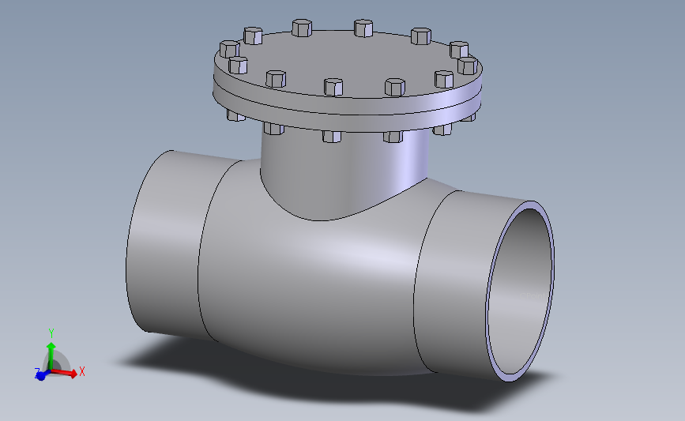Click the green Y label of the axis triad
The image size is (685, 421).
[x=51, y=333]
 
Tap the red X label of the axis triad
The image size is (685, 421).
[x=82, y=371]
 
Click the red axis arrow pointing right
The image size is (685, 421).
[x=68, y=373]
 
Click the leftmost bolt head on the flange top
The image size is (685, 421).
[x=228, y=49]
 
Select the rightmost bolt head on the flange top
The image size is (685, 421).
[x=468, y=65]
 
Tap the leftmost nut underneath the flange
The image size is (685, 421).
[x=235, y=115]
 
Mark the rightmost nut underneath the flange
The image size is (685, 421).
[x=469, y=117]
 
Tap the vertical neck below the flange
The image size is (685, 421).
[x=340, y=174]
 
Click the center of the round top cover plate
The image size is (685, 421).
[x=348, y=59]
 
